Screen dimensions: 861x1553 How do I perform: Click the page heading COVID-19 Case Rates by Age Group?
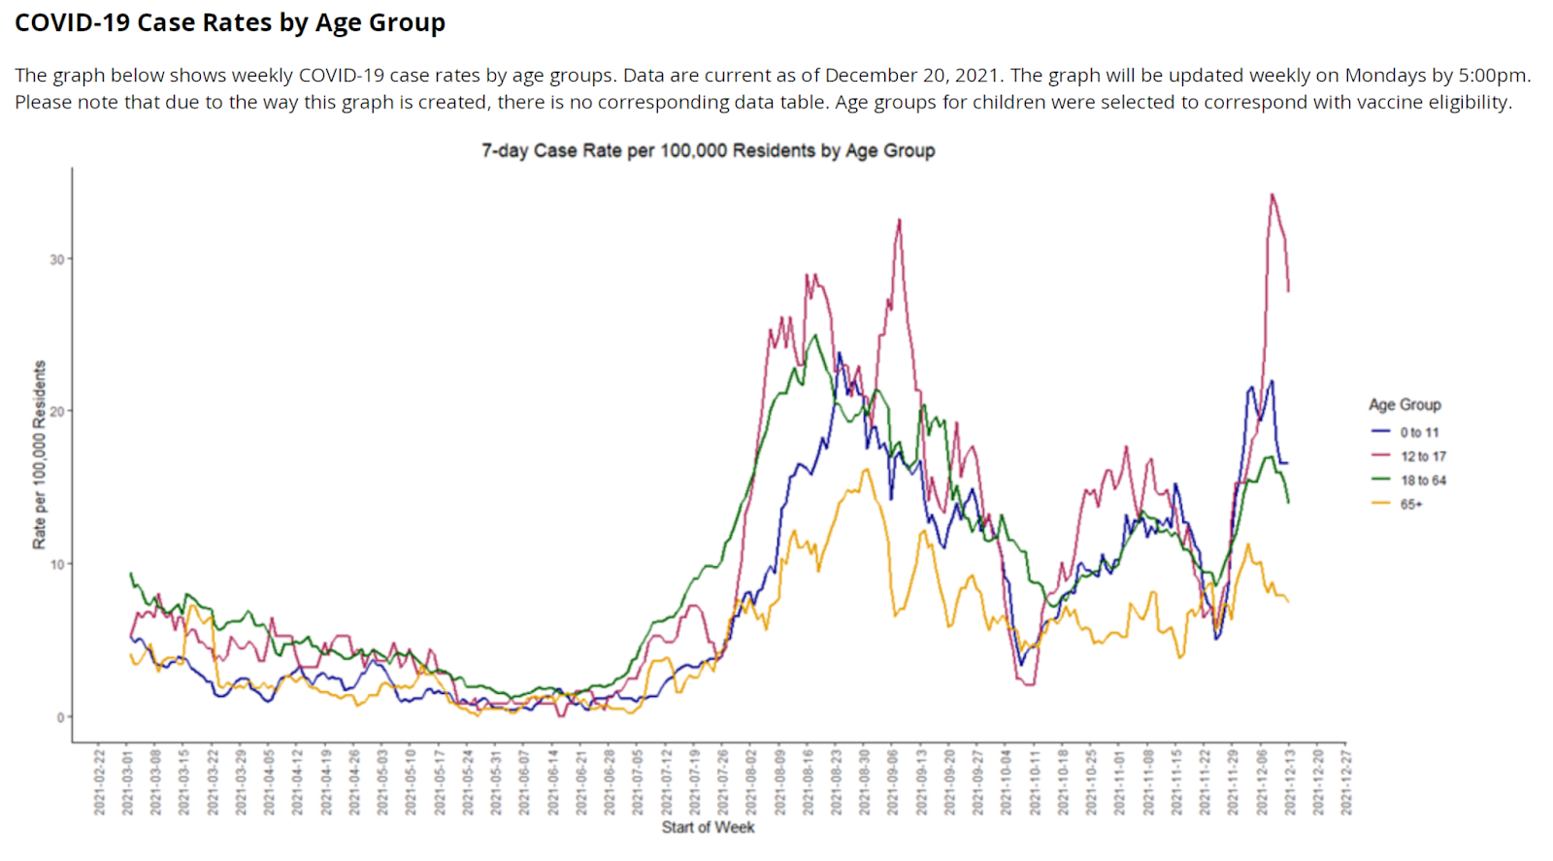click(230, 22)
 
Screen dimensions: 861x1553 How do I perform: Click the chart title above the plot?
click(708, 150)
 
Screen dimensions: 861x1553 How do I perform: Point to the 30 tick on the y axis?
click(57, 259)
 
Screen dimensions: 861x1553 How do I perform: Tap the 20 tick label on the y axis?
click(57, 412)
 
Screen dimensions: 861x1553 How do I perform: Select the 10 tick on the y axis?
click(57, 564)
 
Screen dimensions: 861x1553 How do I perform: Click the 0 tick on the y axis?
click(60, 717)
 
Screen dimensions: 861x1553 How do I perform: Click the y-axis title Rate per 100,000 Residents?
click(39, 454)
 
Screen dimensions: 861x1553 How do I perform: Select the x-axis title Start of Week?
click(708, 827)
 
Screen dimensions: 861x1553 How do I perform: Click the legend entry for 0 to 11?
click(1418, 432)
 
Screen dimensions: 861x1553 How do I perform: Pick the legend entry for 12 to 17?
click(1422, 456)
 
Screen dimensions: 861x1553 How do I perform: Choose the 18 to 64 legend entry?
click(1422, 480)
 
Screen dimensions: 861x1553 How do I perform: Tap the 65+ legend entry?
click(1410, 505)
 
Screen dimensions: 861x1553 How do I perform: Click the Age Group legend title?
click(1404, 405)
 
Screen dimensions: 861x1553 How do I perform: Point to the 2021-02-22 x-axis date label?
click(99, 781)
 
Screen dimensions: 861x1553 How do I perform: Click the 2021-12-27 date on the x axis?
click(1346, 781)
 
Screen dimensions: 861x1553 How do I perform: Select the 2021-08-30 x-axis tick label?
click(864, 781)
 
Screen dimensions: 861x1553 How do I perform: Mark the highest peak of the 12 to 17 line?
click(1272, 194)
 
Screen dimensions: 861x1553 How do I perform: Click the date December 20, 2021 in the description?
click(912, 76)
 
